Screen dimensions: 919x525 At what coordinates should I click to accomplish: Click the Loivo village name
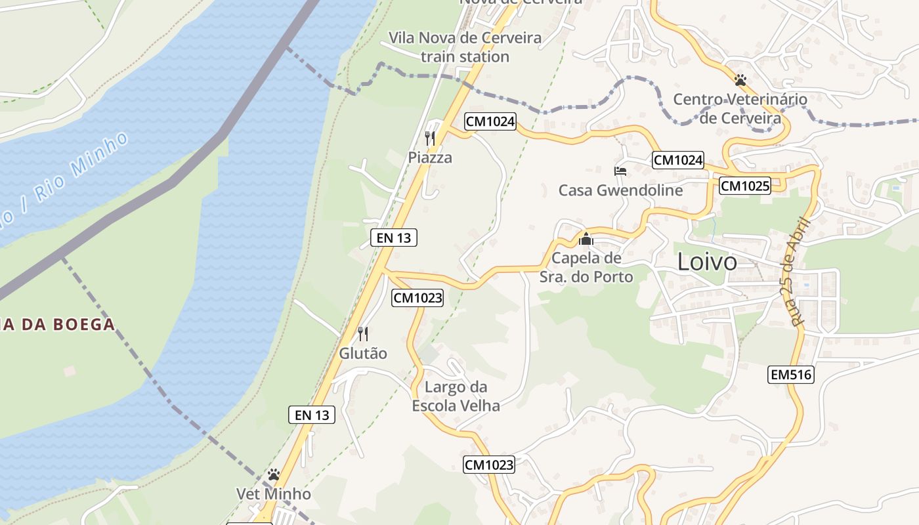tap(707, 262)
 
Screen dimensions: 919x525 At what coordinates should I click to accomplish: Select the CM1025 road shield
tap(744, 186)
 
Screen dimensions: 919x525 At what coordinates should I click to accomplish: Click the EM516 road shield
tap(790, 375)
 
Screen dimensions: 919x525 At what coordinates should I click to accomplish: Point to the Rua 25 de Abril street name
tap(801, 272)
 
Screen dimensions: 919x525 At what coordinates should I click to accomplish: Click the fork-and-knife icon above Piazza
tap(430, 138)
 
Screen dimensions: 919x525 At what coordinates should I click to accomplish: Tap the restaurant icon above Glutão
tap(363, 334)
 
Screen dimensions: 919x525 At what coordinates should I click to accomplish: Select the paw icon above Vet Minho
tap(274, 474)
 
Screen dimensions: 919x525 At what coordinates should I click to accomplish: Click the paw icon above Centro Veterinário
tap(740, 80)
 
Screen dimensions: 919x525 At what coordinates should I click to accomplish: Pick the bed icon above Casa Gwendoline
tap(620, 171)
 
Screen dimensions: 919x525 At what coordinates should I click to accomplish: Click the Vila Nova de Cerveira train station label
tap(465, 47)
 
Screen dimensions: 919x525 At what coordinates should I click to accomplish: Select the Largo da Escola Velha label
tap(456, 396)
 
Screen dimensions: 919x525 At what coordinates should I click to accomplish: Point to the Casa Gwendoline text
tap(620, 190)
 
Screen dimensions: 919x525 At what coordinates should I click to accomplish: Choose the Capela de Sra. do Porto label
tap(586, 267)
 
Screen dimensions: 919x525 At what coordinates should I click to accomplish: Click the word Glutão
tap(363, 353)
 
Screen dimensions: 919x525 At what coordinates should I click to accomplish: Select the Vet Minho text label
tap(274, 493)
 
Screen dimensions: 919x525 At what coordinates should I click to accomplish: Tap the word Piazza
tap(430, 157)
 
